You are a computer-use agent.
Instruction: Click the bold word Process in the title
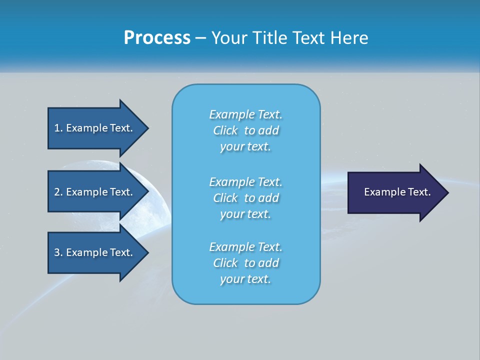tap(157, 38)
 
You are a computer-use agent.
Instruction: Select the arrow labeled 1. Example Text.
tap(95, 128)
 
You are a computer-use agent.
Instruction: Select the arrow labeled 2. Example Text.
tap(95, 192)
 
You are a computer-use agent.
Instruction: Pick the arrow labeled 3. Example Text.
tap(95, 252)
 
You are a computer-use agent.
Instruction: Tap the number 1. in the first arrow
tap(58, 128)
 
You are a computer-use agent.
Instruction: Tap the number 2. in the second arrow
tap(58, 192)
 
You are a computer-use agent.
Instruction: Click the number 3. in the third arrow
tap(58, 252)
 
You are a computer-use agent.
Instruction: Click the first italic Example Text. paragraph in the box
tap(246, 130)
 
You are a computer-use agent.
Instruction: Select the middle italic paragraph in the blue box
tap(246, 198)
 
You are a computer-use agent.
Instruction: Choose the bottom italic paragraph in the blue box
tap(246, 263)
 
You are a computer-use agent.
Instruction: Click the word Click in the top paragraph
tap(225, 130)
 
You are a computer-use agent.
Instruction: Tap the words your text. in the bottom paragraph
tap(245, 279)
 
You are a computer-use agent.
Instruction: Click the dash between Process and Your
tap(200, 38)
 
